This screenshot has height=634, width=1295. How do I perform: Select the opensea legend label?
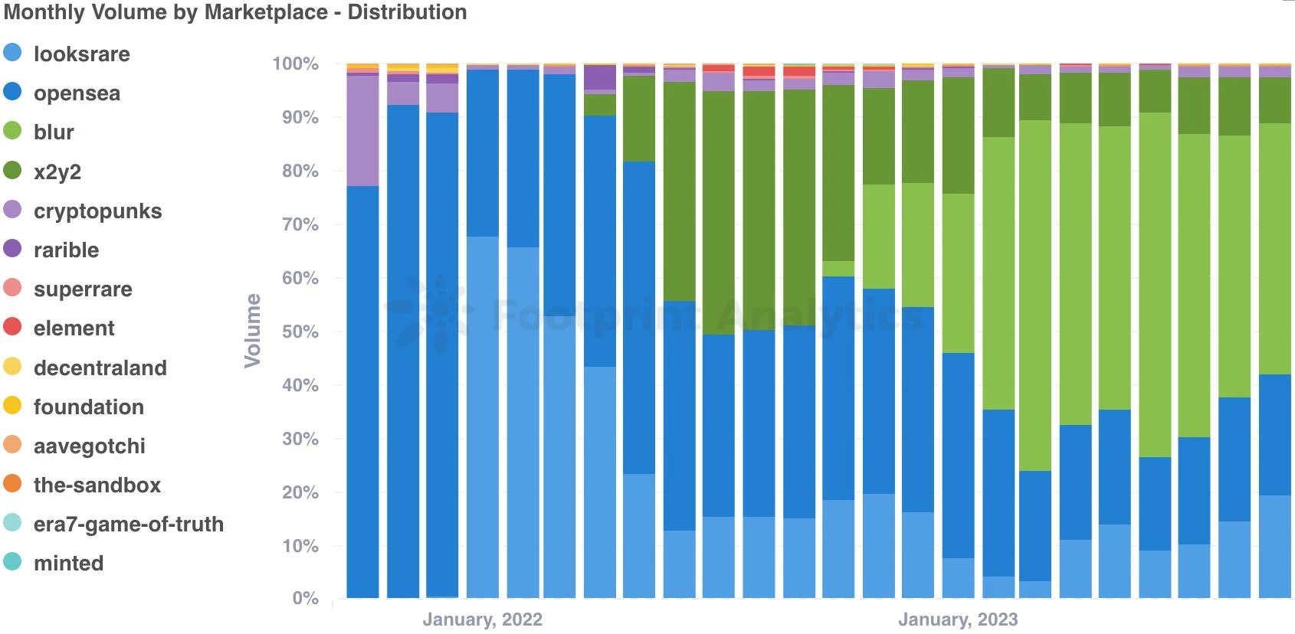[x=77, y=93]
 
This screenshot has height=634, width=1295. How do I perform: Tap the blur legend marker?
[x=12, y=131]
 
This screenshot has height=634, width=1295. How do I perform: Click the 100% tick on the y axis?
[x=296, y=64]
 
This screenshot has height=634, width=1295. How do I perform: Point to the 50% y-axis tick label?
[x=300, y=332]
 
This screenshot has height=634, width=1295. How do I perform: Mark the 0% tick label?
[x=305, y=599]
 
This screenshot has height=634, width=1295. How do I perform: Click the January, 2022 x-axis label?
[x=482, y=619]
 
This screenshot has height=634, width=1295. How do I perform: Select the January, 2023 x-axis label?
[x=958, y=619]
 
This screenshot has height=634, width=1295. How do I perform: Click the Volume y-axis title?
[x=252, y=330]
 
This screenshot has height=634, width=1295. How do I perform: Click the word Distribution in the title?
[x=407, y=12]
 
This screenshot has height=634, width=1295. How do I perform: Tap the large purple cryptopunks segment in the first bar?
[x=362, y=130]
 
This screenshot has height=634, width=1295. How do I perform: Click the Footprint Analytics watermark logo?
[x=429, y=314]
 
